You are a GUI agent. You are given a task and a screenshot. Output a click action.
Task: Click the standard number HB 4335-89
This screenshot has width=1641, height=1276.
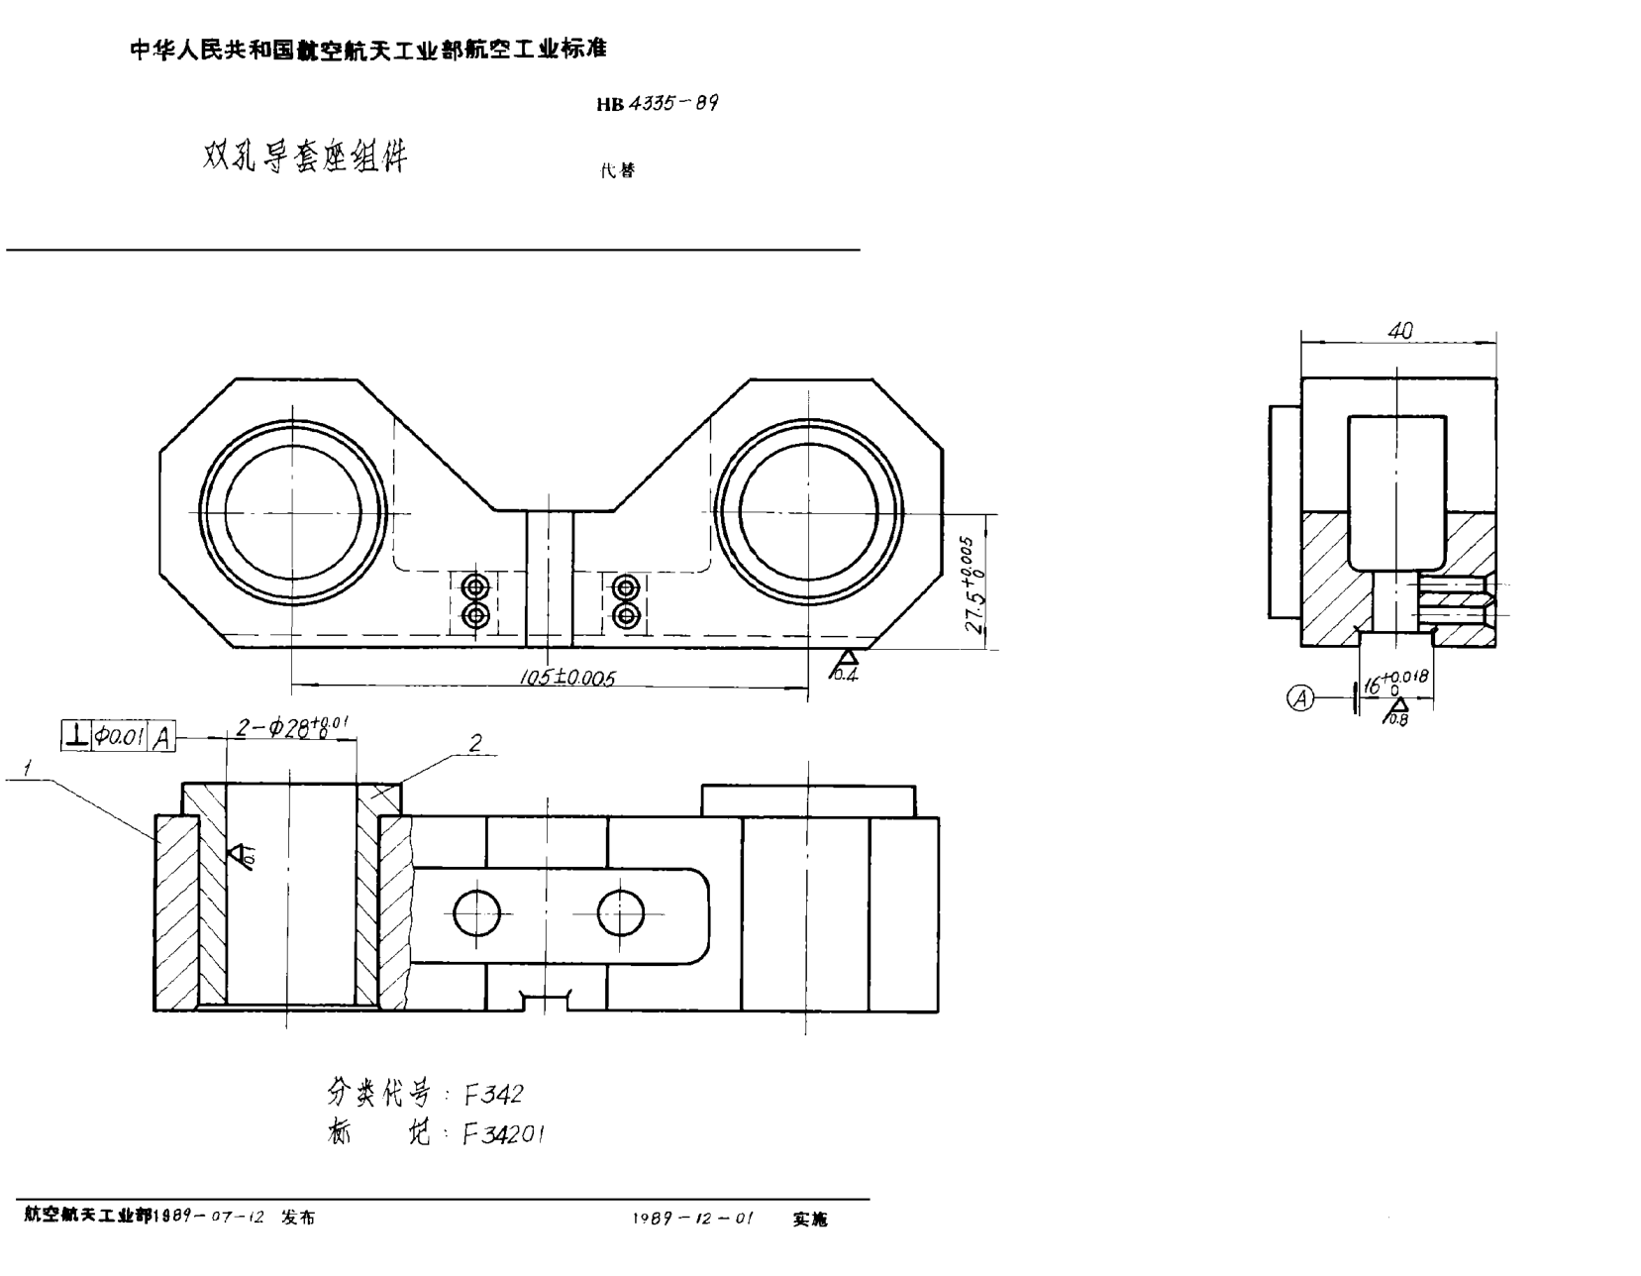(657, 103)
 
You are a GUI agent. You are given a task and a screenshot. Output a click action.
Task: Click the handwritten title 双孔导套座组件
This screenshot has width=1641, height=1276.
(305, 156)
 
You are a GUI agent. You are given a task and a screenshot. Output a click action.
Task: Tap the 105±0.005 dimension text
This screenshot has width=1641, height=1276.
(567, 678)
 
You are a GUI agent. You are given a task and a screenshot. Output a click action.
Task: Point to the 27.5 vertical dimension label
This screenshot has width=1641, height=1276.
(974, 586)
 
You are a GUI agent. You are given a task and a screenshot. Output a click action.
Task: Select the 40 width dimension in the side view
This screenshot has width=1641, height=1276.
(1399, 332)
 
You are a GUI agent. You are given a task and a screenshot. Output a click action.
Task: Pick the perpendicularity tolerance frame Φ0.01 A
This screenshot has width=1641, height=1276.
(118, 737)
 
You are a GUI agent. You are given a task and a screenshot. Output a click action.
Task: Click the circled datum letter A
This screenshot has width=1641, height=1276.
(1300, 698)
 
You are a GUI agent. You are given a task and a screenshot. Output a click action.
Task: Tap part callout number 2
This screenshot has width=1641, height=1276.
(475, 743)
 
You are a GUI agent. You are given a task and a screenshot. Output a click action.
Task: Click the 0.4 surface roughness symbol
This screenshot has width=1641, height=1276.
(846, 666)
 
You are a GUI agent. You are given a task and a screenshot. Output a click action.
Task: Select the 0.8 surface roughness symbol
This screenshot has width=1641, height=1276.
(1397, 711)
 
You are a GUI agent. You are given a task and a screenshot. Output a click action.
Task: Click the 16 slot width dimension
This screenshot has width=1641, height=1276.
(1394, 684)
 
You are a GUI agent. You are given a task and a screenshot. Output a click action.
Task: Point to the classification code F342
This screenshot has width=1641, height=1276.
(492, 1094)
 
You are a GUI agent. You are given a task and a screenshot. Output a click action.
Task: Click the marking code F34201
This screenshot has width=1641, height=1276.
(504, 1134)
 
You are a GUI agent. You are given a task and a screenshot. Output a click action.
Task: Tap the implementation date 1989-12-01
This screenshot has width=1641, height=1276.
(692, 1219)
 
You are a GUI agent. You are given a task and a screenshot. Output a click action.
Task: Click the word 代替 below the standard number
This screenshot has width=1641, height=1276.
(618, 170)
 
